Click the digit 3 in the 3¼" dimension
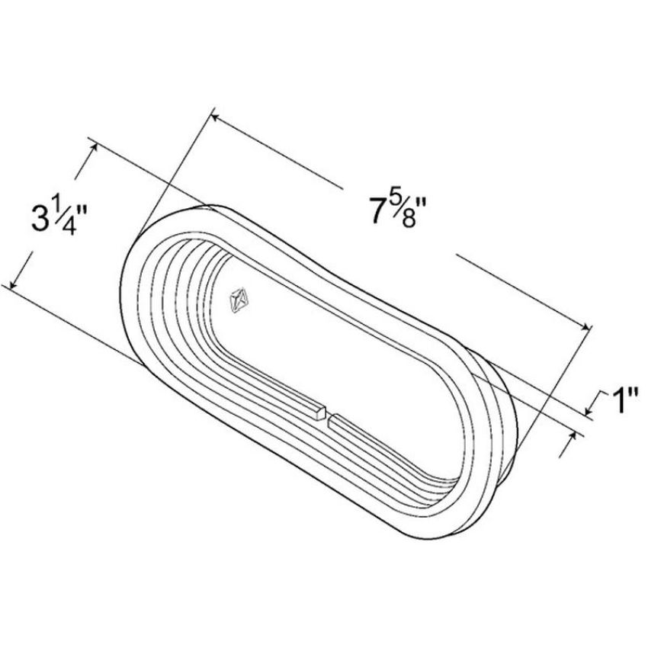[x=40, y=218]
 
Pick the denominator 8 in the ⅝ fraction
[x=409, y=219]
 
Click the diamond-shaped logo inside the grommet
[x=239, y=300]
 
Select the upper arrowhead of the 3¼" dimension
[x=95, y=147]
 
